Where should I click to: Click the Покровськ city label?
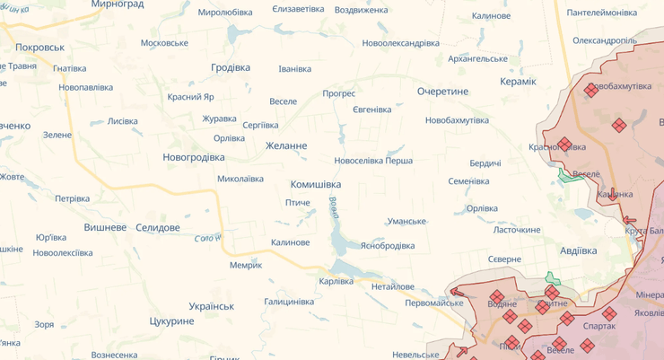[x=39, y=47]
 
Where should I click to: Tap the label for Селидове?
[x=158, y=227]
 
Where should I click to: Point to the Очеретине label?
[x=442, y=92]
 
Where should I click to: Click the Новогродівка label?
[x=194, y=157]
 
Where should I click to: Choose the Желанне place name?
[x=286, y=145]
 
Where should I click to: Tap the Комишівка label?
[x=316, y=184]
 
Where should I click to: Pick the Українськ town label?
[x=212, y=305]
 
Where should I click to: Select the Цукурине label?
[x=172, y=320]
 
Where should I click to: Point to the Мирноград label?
[x=118, y=4]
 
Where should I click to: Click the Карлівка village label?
[x=336, y=281]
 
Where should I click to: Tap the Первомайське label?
[x=434, y=303]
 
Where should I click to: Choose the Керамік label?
[x=519, y=82]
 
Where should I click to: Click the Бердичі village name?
[x=485, y=163]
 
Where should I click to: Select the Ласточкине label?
[x=517, y=230]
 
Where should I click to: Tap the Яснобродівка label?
[x=388, y=245]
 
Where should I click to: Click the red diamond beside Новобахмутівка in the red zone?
[x=590, y=90]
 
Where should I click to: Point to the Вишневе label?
[x=105, y=227]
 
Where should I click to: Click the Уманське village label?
[x=406, y=221]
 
